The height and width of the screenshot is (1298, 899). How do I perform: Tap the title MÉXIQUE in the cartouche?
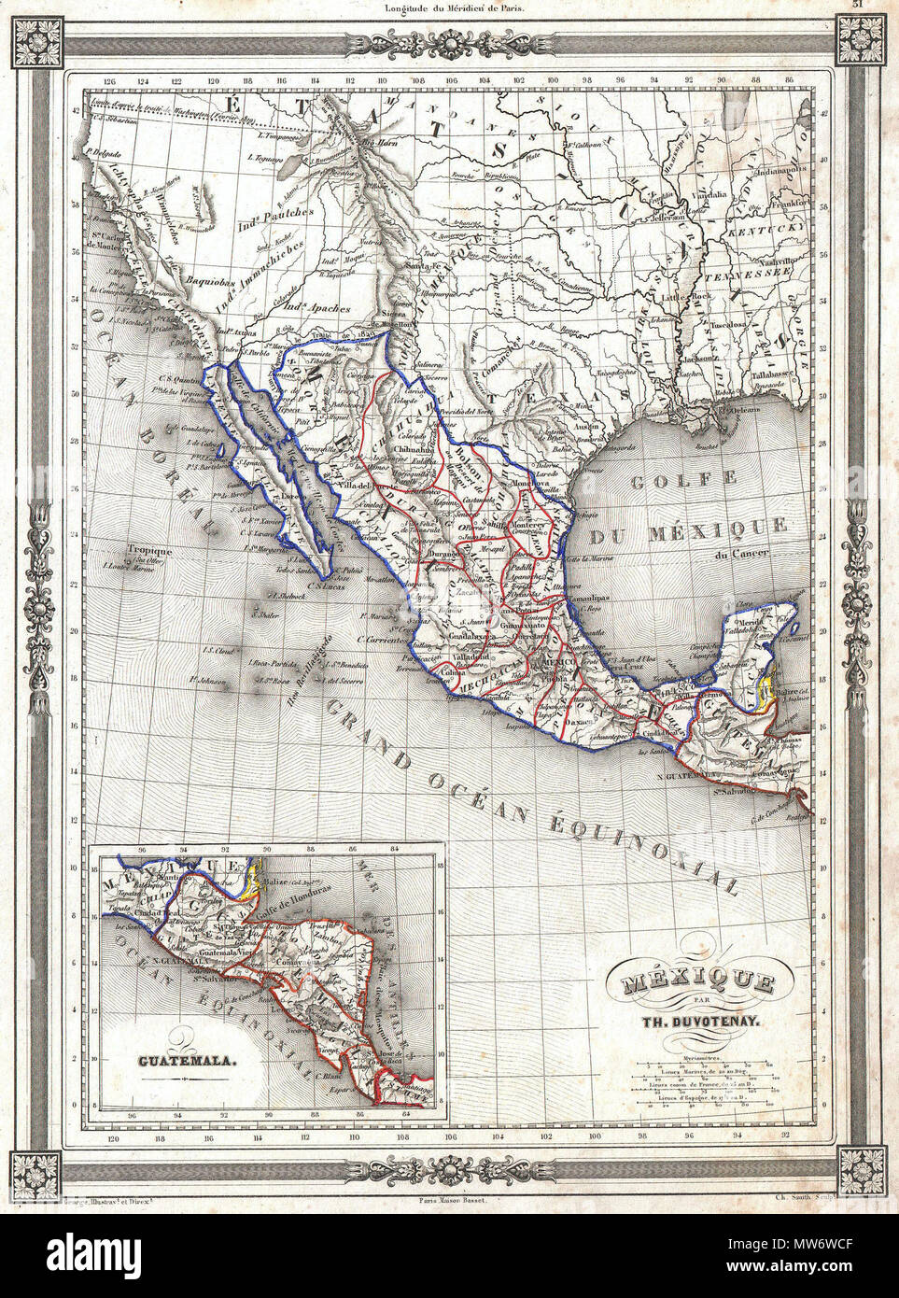pos(690,983)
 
